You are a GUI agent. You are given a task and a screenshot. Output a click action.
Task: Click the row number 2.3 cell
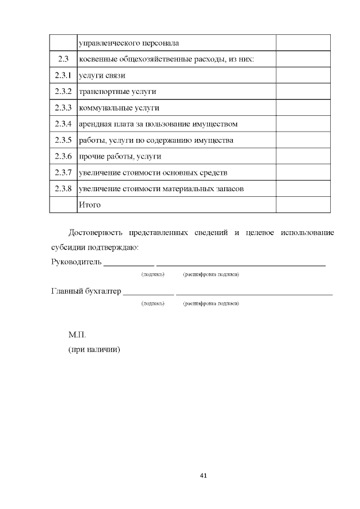click(63, 59)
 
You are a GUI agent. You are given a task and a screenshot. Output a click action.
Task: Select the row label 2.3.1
click(63, 75)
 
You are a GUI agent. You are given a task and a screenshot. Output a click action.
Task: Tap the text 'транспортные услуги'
click(118, 91)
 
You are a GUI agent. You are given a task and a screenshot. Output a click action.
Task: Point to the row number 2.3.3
click(63, 107)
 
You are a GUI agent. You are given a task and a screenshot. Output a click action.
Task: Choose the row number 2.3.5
click(63, 140)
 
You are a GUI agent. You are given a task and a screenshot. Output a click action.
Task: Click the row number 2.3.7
click(63, 172)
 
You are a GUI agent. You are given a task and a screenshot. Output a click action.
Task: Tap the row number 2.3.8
click(63, 188)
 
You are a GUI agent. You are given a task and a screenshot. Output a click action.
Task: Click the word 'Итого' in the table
click(90, 205)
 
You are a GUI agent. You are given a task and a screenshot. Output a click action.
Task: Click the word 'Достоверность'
click(94, 233)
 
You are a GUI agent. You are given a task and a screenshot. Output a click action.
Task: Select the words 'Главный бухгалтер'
click(85, 291)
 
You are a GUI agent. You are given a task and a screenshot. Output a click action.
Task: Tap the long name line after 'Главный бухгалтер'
click(254, 293)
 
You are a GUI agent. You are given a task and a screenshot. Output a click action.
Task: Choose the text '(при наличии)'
click(94, 349)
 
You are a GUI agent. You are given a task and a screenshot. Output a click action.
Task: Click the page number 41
click(204, 476)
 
